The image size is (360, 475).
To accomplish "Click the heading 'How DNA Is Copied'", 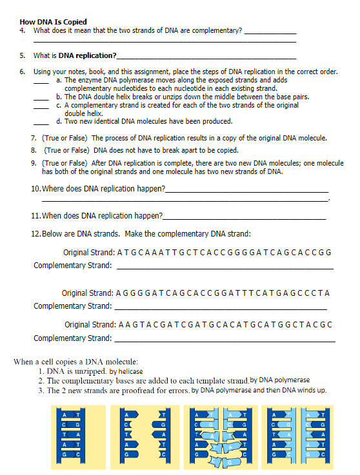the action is click(x=54, y=23).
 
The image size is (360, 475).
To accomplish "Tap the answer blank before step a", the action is click(x=41, y=82).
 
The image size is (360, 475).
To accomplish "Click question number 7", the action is click(x=34, y=138).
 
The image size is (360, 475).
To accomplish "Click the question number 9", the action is click(x=34, y=164).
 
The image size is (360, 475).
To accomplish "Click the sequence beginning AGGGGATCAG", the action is click(x=223, y=293).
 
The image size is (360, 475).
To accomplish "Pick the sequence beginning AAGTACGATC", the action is click(x=226, y=324).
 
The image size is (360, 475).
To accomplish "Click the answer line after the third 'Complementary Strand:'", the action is click(x=225, y=340).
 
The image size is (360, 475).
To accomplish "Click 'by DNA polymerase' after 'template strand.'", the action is click(x=279, y=380).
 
